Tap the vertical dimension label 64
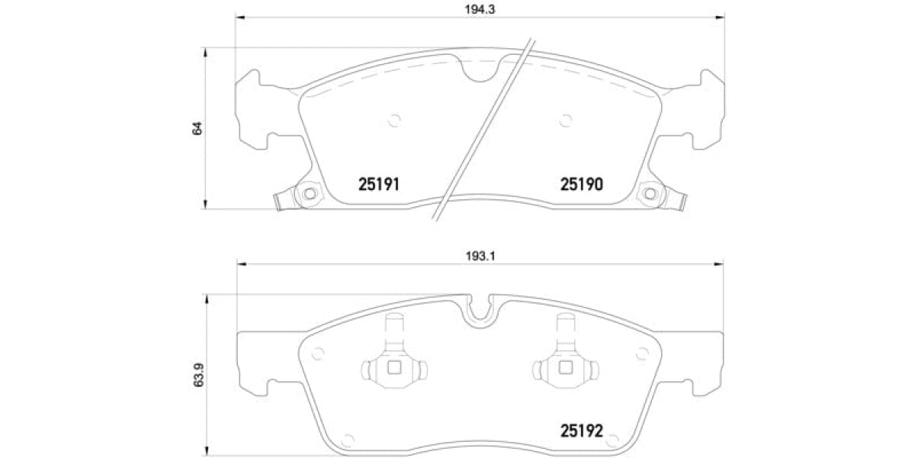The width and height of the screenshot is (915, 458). coord(197,127)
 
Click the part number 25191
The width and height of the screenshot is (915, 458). coord(379,185)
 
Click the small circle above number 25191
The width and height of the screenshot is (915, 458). coord(394,119)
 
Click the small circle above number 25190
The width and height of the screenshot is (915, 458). coord(565,119)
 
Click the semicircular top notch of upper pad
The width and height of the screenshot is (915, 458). coord(480,70)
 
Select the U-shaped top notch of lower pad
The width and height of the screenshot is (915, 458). coord(480,311)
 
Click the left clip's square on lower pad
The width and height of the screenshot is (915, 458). coord(394,368)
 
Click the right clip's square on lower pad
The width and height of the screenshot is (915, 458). coord(565,368)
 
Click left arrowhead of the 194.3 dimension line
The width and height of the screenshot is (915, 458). coord(239,18)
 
